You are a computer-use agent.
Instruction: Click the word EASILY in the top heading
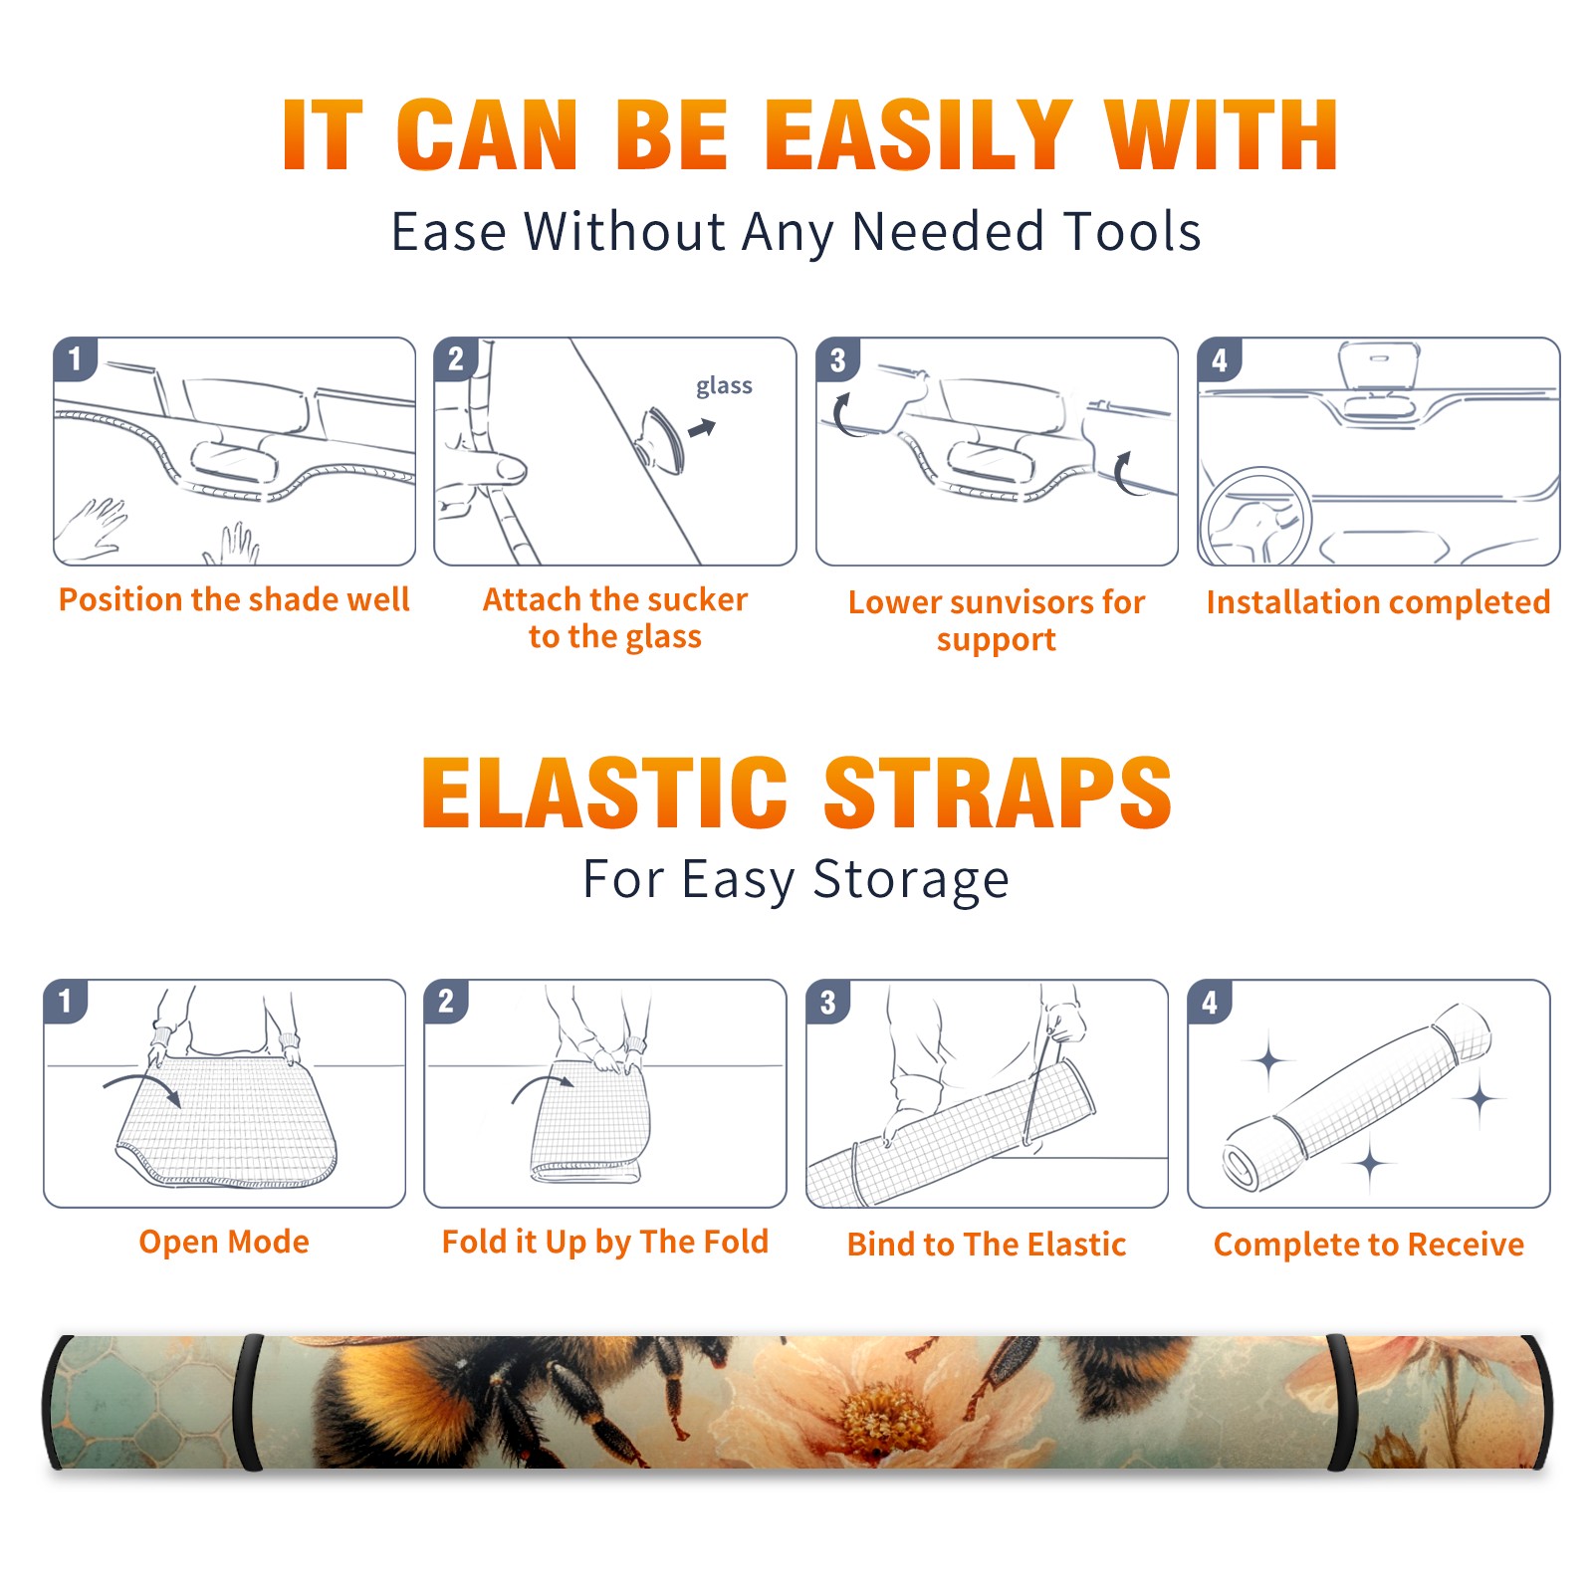click(919, 135)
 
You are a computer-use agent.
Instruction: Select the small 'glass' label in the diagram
click(724, 386)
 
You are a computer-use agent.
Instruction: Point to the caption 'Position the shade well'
click(234, 599)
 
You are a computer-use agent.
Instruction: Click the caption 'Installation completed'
click(1378, 602)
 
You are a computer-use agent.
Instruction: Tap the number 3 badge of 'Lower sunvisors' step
click(837, 359)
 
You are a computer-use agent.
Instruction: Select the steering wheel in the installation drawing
click(1255, 518)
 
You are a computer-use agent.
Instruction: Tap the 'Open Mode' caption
click(224, 1242)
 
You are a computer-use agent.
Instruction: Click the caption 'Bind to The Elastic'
click(987, 1245)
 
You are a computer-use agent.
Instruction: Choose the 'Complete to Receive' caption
click(1369, 1245)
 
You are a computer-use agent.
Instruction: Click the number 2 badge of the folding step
click(445, 1001)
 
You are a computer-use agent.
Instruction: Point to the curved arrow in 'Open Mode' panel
click(142, 1084)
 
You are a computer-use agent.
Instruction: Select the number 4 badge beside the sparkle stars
click(1210, 1002)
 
